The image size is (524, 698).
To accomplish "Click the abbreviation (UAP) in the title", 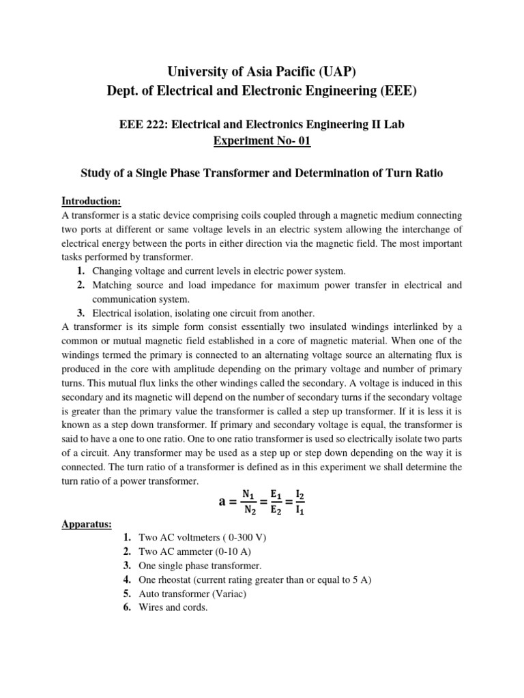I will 332,70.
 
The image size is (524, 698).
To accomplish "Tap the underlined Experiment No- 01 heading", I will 261,140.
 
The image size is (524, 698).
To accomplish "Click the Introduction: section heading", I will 91,200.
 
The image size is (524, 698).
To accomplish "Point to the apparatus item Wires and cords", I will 173,607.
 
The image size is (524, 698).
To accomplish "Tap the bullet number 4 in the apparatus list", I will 127,579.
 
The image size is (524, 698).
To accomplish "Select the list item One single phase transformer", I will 200,566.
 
